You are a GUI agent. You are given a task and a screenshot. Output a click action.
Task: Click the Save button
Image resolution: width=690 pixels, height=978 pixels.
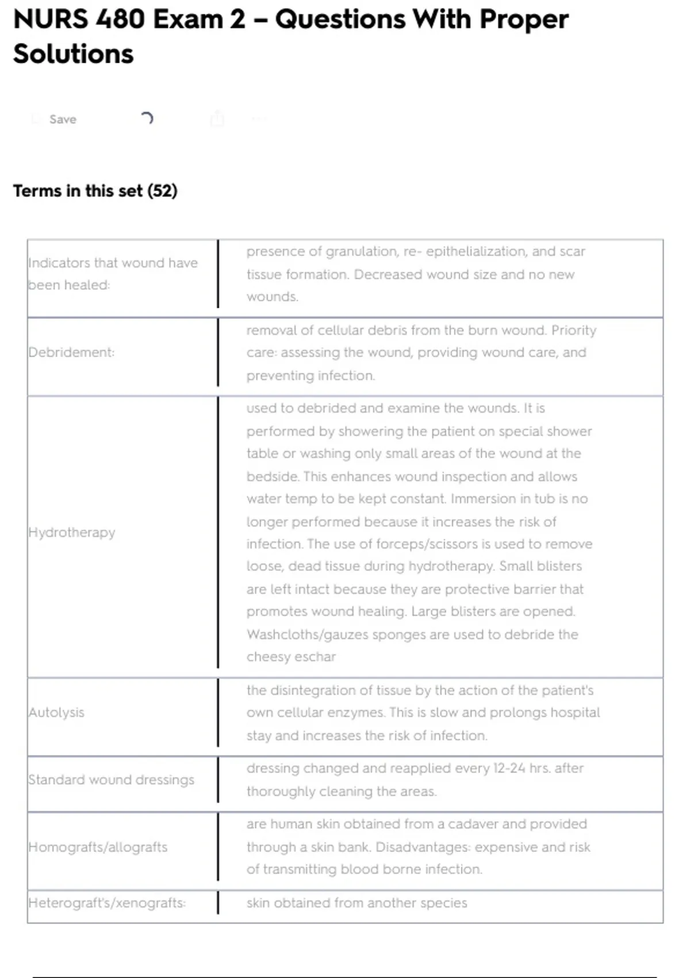(x=62, y=119)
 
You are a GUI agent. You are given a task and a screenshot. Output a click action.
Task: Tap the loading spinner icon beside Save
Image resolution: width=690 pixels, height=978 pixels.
(x=147, y=119)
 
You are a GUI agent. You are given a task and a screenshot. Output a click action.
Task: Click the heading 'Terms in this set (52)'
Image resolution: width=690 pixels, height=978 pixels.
(x=95, y=190)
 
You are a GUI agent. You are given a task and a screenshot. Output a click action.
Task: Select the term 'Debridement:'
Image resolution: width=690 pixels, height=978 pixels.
(x=71, y=352)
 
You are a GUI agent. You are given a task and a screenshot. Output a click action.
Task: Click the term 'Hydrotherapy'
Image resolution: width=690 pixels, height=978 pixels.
(x=72, y=532)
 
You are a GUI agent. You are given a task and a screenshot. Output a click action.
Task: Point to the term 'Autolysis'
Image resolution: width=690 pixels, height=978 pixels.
(x=56, y=712)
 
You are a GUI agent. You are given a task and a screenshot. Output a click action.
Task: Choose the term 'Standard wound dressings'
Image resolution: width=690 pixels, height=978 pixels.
(x=112, y=780)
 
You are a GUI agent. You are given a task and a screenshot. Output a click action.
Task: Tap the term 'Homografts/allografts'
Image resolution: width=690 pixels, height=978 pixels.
(x=98, y=847)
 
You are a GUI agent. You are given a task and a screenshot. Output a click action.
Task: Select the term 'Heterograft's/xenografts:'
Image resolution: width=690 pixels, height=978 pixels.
(x=107, y=903)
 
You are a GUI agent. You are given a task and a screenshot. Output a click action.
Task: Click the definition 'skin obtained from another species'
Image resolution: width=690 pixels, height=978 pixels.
(x=356, y=903)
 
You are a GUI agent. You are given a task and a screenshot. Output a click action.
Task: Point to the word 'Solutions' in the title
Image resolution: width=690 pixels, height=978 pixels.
(x=73, y=54)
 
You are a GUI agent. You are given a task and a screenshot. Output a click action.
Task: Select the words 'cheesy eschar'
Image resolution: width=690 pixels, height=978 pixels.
(x=291, y=657)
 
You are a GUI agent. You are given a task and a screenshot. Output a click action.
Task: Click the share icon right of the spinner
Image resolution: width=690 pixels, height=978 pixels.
(x=217, y=119)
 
